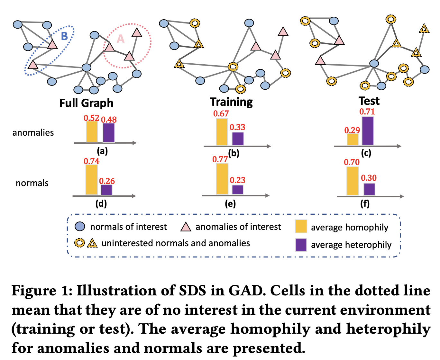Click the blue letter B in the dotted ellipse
coord(64,36)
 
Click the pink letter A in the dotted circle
coord(120,39)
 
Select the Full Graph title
coord(86,103)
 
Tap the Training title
coord(231,102)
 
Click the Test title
coord(369,101)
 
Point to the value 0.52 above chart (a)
coord(91,118)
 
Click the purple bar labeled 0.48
coord(109,132)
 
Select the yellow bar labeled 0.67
coord(222,132)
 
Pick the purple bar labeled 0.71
coord(368,130)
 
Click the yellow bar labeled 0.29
coord(353,139)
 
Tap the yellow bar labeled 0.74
coord(92,180)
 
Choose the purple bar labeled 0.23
coord(238,189)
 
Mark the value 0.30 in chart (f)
coord(369,178)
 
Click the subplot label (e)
coord(230,204)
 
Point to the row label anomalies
coord(33,133)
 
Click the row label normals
coord(32,183)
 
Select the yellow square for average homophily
coord(301,227)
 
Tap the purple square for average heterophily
coord(301,245)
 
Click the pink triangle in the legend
coord(186,227)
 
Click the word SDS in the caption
coord(192,291)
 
